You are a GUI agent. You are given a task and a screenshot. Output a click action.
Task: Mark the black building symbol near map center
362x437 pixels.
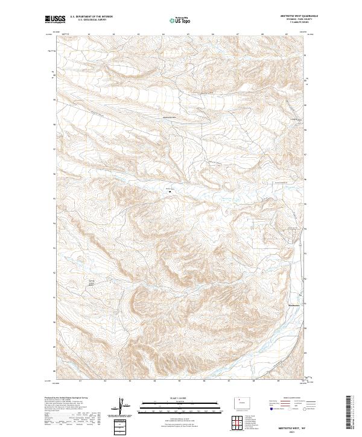(x=170, y=192)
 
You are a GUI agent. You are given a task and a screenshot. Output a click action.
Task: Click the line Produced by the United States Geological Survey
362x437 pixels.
(x=63, y=398)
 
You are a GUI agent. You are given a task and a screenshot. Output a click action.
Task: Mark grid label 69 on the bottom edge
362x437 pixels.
(x=278, y=381)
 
